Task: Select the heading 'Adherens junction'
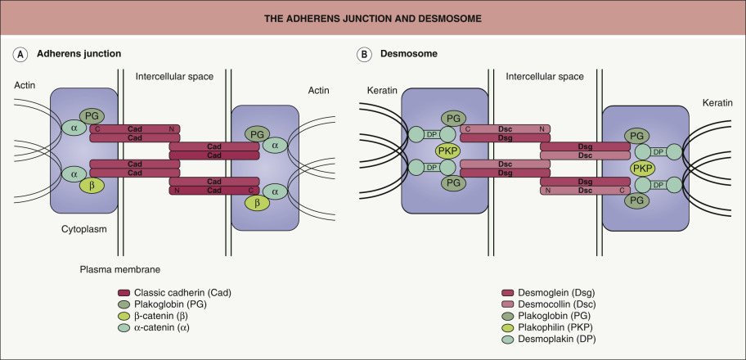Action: pyautogui.click(x=79, y=54)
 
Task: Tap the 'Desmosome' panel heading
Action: pyautogui.click(x=406, y=54)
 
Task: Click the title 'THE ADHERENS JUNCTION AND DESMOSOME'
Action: pyautogui.click(x=373, y=17)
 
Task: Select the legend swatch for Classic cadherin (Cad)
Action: pyautogui.click(x=124, y=292)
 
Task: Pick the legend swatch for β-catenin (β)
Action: pyautogui.click(x=124, y=315)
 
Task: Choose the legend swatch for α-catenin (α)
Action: pyautogui.click(x=124, y=326)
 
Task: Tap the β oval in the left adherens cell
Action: pyautogui.click(x=86, y=187)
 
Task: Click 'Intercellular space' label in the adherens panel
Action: pyautogui.click(x=174, y=76)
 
